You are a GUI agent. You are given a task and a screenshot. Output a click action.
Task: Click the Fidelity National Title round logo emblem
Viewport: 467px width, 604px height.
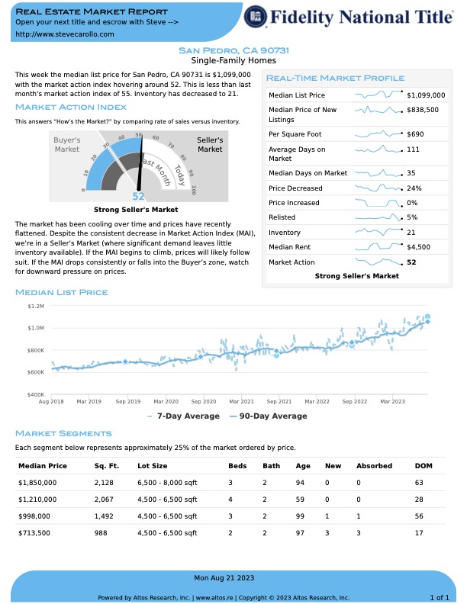pyautogui.click(x=255, y=17)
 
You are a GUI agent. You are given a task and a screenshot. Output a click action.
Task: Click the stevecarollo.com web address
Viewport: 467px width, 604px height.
pyautogui.click(x=65, y=34)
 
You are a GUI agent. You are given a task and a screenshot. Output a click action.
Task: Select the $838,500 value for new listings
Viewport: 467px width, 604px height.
pyautogui.click(x=423, y=110)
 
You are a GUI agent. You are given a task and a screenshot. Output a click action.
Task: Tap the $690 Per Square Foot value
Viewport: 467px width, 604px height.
pyautogui.click(x=415, y=134)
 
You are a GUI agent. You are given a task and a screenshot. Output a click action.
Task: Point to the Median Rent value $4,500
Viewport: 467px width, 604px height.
pyautogui.click(x=418, y=247)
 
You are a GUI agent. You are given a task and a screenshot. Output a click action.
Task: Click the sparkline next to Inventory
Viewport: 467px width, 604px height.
pyautogui.click(x=378, y=232)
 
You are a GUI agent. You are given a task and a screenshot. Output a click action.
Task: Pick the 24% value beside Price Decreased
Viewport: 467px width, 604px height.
pyautogui.click(x=414, y=188)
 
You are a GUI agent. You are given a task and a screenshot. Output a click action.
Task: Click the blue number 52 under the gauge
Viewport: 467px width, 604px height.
pyautogui.click(x=138, y=197)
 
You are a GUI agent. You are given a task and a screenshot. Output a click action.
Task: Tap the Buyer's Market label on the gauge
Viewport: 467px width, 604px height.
pyautogui.click(x=66, y=144)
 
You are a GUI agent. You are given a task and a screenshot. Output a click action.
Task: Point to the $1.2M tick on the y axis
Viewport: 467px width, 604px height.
pyautogui.click(x=36, y=307)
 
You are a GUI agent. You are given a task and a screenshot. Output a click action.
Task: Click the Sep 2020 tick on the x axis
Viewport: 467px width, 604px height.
pyautogui.click(x=204, y=401)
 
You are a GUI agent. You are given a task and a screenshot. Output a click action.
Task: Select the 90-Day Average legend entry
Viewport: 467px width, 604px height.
pyautogui.click(x=269, y=416)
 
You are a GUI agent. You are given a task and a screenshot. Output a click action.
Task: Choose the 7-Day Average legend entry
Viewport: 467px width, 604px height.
pyautogui.click(x=183, y=416)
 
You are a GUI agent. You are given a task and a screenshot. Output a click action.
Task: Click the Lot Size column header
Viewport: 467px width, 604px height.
pyautogui.click(x=152, y=466)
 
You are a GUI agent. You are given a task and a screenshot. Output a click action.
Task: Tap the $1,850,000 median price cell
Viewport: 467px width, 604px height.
pyautogui.click(x=37, y=483)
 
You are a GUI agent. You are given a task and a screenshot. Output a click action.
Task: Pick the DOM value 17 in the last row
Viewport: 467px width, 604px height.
pyautogui.click(x=419, y=533)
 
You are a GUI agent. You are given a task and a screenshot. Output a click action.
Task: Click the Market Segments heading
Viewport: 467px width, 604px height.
pyautogui.click(x=63, y=433)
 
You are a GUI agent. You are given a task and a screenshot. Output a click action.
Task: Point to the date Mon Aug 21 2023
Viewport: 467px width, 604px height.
pyautogui.click(x=224, y=578)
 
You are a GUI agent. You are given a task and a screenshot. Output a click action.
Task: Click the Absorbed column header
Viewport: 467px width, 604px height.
pyautogui.click(x=374, y=466)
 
